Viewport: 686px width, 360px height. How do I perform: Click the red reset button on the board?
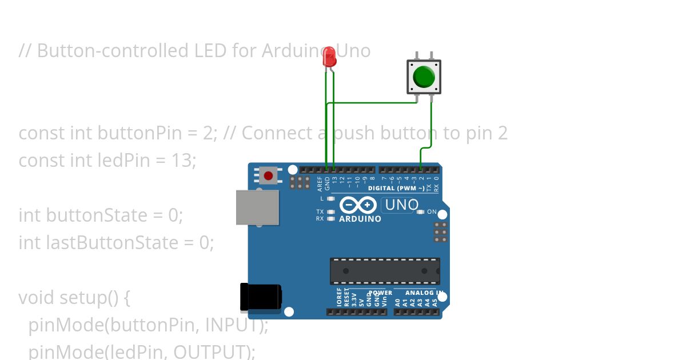(x=268, y=175)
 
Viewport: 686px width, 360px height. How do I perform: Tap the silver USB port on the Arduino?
(x=257, y=207)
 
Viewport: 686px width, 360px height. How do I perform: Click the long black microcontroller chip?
(x=385, y=271)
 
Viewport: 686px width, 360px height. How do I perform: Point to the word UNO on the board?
(x=402, y=205)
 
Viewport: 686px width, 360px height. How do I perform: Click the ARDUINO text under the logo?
(x=360, y=219)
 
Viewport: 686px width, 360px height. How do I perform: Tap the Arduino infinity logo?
(x=358, y=205)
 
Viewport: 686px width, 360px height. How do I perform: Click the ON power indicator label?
(x=432, y=212)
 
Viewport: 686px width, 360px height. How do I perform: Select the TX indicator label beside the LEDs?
(x=320, y=212)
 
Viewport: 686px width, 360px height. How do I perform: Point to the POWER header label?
(x=381, y=293)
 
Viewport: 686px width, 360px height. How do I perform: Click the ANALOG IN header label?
(x=424, y=293)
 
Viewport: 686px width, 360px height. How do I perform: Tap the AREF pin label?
(x=320, y=183)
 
